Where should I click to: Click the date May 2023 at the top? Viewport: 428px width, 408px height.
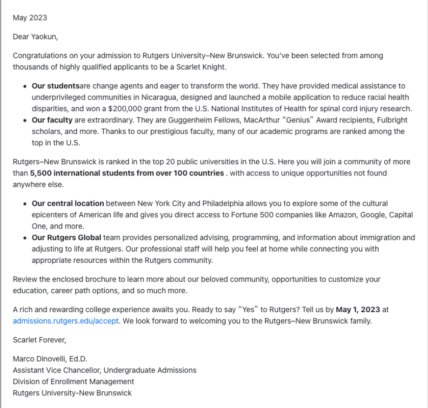[x=30, y=18]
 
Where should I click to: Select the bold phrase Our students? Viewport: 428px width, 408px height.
[x=55, y=86]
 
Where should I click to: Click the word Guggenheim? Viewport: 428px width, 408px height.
[x=159, y=120]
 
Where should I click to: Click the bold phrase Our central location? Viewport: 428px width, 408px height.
[x=68, y=203]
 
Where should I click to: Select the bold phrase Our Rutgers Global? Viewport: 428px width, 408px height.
[x=67, y=237]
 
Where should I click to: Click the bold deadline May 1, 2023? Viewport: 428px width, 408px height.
[x=358, y=309]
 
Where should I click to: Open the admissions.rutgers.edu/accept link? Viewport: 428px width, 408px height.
[x=66, y=321]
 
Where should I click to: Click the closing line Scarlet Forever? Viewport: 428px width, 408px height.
[x=40, y=340]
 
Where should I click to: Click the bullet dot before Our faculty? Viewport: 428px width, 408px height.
[x=25, y=120]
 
